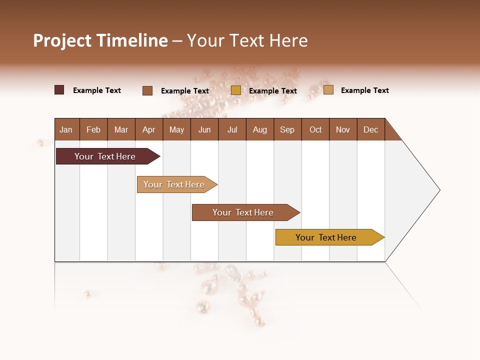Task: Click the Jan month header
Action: [66, 129]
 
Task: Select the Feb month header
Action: [93, 129]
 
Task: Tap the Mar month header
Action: [121, 129]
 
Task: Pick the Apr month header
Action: [149, 129]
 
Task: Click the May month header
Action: [176, 129]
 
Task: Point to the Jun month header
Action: [204, 129]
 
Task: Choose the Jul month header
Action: [232, 129]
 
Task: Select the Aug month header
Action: [260, 129]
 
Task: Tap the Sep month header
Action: [287, 129]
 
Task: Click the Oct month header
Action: [315, 129]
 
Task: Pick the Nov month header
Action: [343, 129]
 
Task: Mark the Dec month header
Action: [371, 129]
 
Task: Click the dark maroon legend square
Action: [59, 90]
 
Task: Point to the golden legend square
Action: [236, 90]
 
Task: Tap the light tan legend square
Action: [328, 90]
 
